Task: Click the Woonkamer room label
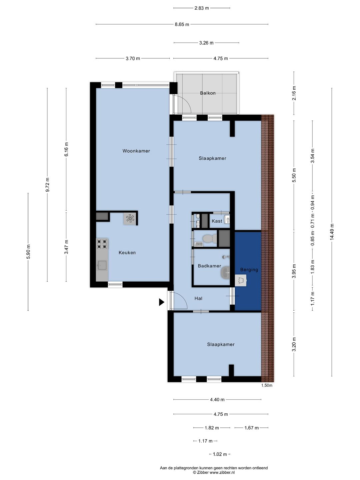pos(136,151)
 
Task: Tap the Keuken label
pos(127,253)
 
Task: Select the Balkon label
pos(208,93)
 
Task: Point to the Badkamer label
pos(209,266)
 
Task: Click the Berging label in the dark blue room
pos(249,270)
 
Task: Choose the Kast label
pos(217,221)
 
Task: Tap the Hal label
pos(198,298)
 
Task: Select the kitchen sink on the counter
pos(102,265)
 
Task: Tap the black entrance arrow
pos(162,302)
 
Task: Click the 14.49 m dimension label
pos(332,232)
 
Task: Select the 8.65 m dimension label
pos(182,24)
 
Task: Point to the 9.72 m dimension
pos(47,185)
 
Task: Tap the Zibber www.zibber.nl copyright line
pos(214,472)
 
